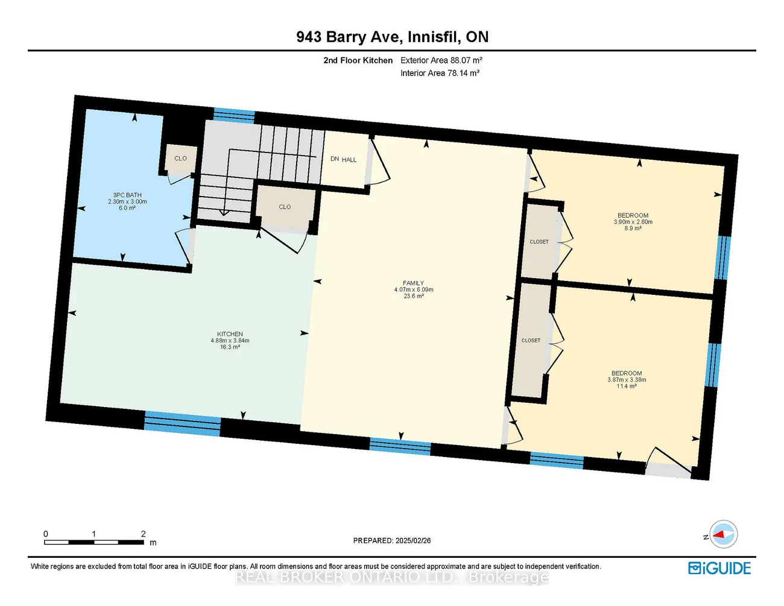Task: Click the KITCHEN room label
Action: (x=230, y=334)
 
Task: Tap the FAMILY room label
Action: (x=414, y=283)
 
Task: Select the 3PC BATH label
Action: (x=127, y=195)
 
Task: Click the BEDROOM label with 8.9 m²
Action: (x=633, y=216)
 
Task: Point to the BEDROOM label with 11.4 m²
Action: (x=627, y=374)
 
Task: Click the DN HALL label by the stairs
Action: (x=343, y=159)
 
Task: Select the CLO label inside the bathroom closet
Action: (x=180, y=159)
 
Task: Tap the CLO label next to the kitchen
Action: (x=285, y=207)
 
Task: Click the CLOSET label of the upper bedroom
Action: (x=539, y=242)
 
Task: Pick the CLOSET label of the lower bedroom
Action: (x=531, y=341)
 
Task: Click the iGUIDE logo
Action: (x=719, y=568)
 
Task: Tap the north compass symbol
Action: (x=722, y=534)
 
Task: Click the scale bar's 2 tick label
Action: (x=143, y=534)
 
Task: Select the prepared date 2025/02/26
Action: (x=392, y=541)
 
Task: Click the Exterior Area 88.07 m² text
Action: (x=441, y=60)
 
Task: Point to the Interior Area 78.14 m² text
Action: (x=440, y=73)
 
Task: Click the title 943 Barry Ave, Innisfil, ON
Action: (x=392, y=37)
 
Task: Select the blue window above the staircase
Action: (x=234, y=115)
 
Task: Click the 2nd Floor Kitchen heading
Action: (x=358, y=60)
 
